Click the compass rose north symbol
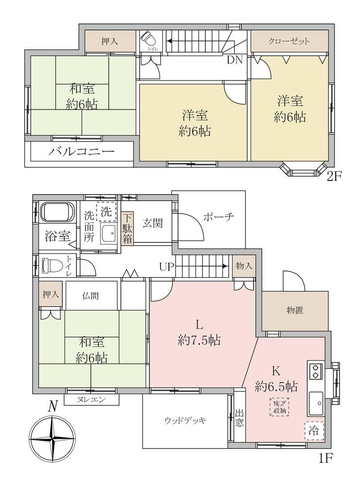[x=52, y=439]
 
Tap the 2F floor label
[x=333, y=177]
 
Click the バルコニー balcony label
[x=81, y=151]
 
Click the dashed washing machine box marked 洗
[x=106, y=212]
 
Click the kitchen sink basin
[x=315, y=403]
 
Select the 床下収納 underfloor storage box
[x=279, y=407]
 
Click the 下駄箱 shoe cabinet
[x=127, y=229]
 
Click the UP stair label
[x=167, y=267]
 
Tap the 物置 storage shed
[x=295, y=311]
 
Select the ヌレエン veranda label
[x=91, y=399]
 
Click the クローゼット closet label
[x=289, y=41]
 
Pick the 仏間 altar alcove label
[x=90, y=296]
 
